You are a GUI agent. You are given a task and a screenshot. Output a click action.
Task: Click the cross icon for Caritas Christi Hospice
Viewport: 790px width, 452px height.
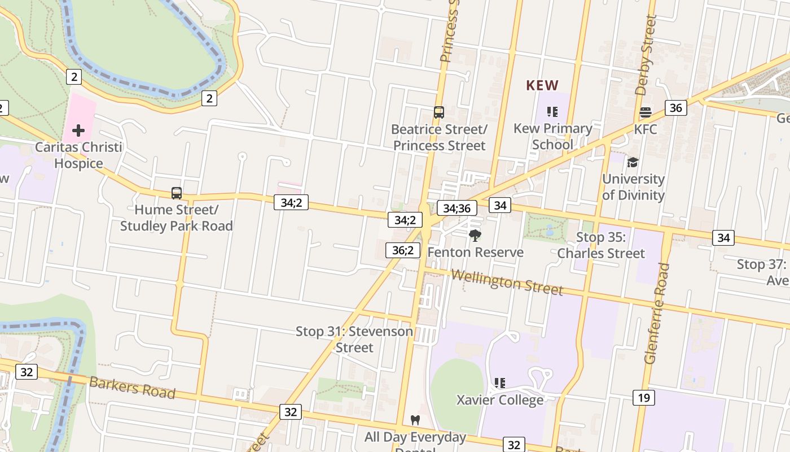[78, 131]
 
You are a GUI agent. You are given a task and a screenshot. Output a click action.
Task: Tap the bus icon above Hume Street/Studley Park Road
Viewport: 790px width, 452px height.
[177, 193]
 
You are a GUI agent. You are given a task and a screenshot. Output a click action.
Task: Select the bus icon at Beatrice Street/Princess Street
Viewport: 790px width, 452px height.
[438, 112]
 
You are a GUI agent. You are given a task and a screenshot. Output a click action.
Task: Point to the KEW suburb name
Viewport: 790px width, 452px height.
[542, 85]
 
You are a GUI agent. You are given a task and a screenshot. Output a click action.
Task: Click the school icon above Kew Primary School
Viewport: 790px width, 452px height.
[552, 112]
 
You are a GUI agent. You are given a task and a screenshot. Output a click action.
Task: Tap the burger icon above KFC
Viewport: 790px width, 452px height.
[646, 112]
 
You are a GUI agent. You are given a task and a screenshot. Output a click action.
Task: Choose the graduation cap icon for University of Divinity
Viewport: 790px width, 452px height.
[633, 163]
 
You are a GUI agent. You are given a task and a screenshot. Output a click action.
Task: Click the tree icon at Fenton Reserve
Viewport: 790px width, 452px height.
[475, 235]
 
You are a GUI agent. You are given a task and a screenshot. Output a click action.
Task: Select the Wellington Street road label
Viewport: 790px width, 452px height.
[507, 281]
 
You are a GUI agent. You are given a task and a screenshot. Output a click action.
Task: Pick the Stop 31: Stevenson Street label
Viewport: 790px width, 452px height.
[354, 339]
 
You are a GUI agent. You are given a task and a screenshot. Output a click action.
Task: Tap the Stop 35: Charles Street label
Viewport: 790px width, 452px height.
[601, 245]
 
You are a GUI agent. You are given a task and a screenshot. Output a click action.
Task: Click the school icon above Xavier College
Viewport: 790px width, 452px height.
[499, 383]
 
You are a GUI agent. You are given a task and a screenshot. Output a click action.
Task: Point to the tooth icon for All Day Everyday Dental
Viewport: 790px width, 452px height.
[416, 420]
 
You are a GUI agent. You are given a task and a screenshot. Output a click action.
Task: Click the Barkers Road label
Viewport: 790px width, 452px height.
[132, 387]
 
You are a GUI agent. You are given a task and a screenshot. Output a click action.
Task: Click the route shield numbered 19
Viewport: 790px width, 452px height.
[644, 398]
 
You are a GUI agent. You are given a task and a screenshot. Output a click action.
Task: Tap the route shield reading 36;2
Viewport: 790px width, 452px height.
[403, 250]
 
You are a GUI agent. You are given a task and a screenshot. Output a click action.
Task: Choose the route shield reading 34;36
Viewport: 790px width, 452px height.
[457, 208]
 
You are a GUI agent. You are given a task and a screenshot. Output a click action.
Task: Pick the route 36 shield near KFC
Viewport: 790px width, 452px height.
[675, 107]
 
